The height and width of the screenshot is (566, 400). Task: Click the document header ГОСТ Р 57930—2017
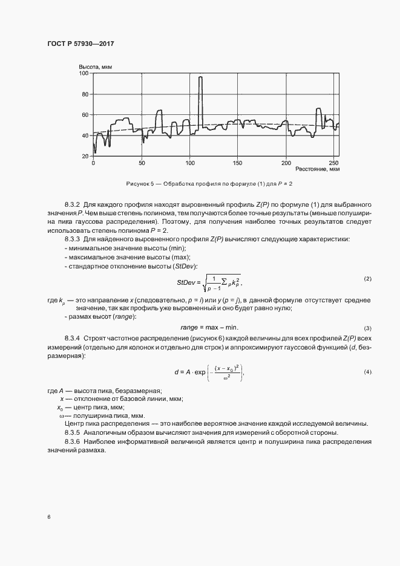pyautogui.click(x=80, y=44)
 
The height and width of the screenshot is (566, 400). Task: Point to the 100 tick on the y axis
pyautogui.click(x=84, y=73)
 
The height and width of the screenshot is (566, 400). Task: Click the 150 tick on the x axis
pyautogui.click(x=237, y=163)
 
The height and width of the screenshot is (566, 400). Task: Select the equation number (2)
pyautogui.click(x=367, y=278)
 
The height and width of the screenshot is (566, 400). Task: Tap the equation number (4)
pyautogui.click(x=367, y=371)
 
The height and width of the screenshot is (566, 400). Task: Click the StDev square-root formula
pyautogui.click(x=209, y=281)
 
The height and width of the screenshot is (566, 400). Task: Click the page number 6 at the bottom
pyautogui.click(x=48, y=516)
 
